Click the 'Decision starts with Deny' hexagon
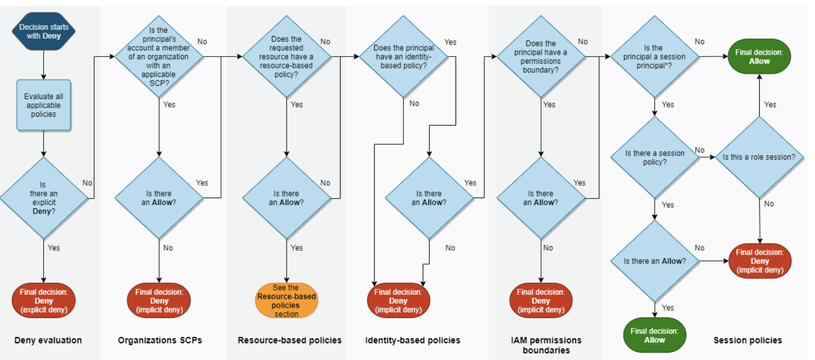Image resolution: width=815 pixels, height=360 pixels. click(43, 31)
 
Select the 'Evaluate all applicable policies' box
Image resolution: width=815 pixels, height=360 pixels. click(43, 105)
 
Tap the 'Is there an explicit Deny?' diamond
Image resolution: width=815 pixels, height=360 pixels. click(43, 198)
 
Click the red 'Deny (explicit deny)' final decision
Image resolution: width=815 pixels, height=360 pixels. click(43, 301)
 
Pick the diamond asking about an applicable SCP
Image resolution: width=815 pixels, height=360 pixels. click(159, 57)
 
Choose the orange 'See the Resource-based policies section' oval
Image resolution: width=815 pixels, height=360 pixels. click(286, 301)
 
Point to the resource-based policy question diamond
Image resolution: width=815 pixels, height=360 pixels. click(286, 57)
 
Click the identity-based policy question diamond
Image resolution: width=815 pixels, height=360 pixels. click(403, 57)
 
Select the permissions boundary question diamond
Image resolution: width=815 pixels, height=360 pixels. click(541, 57)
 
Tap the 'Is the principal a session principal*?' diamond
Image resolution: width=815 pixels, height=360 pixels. click(655, 57)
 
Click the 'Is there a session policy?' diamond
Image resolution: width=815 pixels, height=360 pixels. click(655, 157)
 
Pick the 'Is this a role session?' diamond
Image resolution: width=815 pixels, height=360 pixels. click(759, 157)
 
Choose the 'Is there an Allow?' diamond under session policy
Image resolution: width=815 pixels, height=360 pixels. click(655, 261)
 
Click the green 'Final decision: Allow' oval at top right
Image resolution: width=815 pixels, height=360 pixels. click(759, 57)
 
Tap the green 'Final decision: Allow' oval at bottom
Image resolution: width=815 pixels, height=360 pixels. click(655, 335)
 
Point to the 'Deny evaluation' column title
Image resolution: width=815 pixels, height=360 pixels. click(48, 340)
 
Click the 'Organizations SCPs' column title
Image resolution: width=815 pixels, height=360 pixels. click(160, 340)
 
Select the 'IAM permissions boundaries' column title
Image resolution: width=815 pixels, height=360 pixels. click(546, 345)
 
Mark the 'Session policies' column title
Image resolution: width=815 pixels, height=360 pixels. click(748, 340)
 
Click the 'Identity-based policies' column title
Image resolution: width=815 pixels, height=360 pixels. click(413, 340)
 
